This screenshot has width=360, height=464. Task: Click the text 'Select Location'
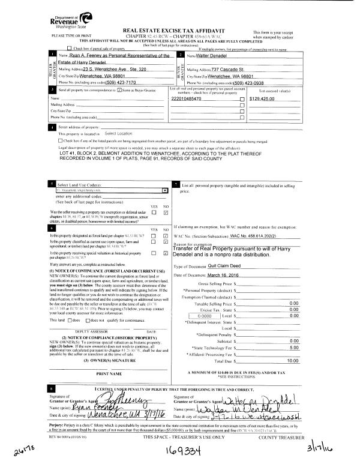(x=118, y=133)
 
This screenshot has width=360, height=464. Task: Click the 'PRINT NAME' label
(x=105, y=391)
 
